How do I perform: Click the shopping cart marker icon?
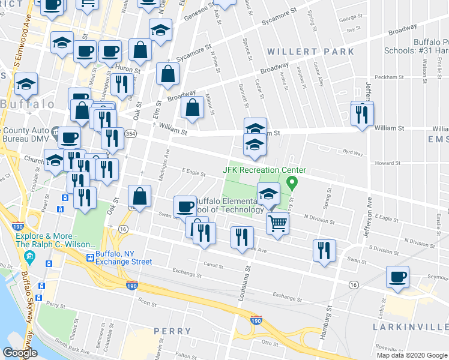277,223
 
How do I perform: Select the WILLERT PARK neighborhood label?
311,52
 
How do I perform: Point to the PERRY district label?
172,331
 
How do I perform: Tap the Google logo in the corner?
20,353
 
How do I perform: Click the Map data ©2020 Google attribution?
412,355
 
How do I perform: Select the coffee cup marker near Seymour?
397,277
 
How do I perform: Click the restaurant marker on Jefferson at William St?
362,113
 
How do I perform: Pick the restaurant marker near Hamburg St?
324,250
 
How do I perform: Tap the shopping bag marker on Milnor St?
193,109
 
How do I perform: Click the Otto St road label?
268,343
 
